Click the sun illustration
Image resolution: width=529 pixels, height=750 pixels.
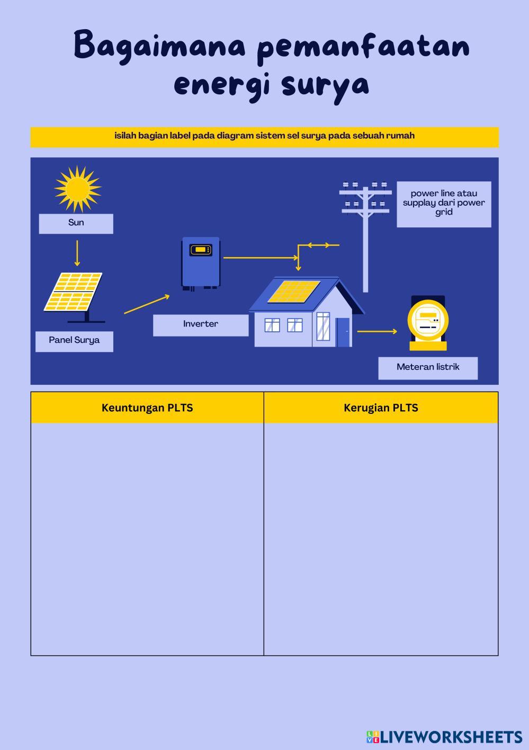click(77, 189)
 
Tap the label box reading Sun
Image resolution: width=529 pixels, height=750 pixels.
click(76, 223)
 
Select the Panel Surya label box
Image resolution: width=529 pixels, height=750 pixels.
click(74, 341)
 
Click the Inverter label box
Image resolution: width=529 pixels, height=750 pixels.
click(201, 324)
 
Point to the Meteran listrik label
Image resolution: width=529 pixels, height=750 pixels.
click(428, 367)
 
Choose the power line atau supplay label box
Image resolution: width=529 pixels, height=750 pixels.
click(444, 204)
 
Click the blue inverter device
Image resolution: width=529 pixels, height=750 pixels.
click(201, 263)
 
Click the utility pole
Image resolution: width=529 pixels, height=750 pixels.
click(365, 233)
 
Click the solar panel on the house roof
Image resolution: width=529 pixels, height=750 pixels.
click(293, 292)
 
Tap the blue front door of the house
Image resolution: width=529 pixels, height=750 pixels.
click(343, 332)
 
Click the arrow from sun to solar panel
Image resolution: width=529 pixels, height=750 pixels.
click(77, 253)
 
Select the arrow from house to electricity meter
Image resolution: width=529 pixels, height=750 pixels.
click(376, 332)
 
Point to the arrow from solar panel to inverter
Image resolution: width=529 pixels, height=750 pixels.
click(147, 304)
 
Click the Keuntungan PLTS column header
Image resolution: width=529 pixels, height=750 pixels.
click(147, 408)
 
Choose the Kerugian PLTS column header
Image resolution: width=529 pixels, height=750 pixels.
click(381, 408)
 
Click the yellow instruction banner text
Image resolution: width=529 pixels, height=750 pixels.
click(264, 136)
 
